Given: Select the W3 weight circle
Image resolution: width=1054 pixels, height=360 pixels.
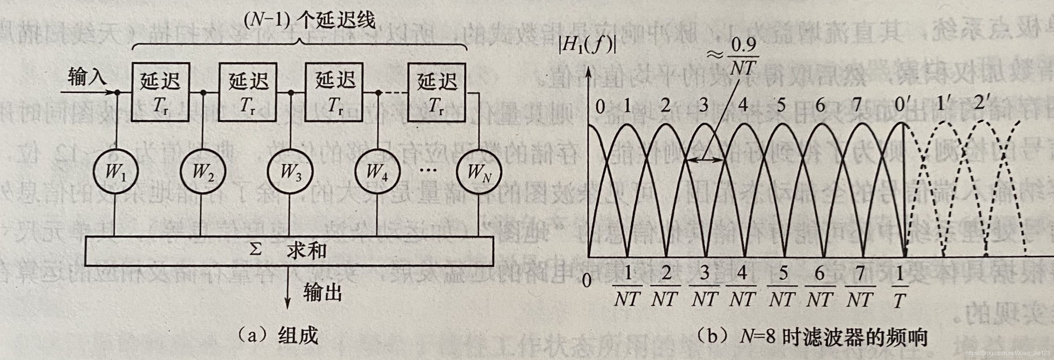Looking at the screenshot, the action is (290, 171).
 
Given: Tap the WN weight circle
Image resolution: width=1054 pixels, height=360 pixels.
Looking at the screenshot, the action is (479, 171).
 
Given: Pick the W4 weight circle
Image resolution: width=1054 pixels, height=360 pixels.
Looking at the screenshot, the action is (377, 171).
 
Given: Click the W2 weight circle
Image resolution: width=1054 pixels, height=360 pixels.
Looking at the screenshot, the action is (203, 171).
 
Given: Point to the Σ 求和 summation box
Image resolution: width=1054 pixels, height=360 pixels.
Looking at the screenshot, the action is (289, 250).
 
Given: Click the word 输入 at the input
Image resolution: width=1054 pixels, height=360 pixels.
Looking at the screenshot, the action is (87, 76).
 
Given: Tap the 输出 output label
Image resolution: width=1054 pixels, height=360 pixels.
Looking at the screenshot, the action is (322, 293).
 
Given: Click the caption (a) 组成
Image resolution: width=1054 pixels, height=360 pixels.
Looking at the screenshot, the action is (279, 336).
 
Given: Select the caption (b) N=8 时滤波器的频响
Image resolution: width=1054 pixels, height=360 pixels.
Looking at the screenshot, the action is (811, 336).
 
